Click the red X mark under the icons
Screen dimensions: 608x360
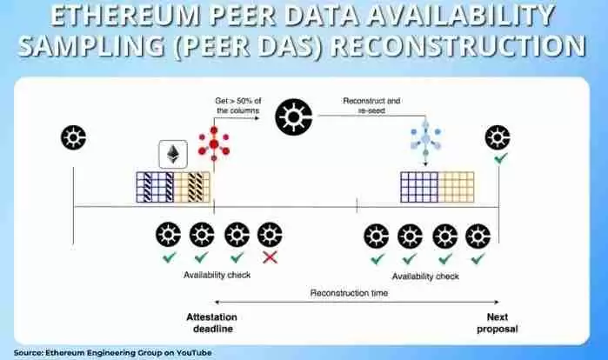click(x=270, y=257)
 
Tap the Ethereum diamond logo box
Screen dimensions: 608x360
click(x=173, y=154)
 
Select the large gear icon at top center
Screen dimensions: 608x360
click(x=294, y=117)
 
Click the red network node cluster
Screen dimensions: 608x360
click(x=214, y=143)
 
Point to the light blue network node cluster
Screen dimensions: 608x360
click(x=425, y=138)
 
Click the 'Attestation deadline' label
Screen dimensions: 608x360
click(x=211, y=323)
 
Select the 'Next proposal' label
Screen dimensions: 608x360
click(x=498, y=323)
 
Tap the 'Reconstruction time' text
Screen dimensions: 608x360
click(x=349, y=293)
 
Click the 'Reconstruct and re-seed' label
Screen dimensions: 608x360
click(x=371, y=105)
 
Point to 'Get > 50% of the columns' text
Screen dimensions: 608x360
click(x=238, y=105)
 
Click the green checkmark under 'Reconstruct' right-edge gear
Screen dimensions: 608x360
click(x=501, y=157)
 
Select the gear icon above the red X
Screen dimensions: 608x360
click(x=270, y=235)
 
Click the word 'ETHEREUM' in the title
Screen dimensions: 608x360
click(x=126, y=16)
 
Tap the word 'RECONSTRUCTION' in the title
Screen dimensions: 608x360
click(x=458, y=46)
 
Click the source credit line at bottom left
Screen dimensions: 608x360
click(x=113, y=353)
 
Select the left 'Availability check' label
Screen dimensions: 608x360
click(x=217, y=275)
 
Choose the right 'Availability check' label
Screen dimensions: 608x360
click(x=425, y=277)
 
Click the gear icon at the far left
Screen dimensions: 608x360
click(x=74, y=137)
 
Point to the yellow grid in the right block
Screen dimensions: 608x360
click(x=456, y=187)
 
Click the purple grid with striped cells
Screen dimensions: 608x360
click(x=155, y=187)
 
